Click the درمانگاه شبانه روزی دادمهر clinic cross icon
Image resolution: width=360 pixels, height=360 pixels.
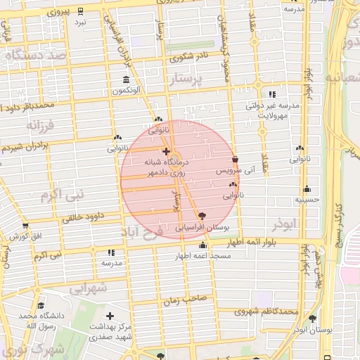[165, 151]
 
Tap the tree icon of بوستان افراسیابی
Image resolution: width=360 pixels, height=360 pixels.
[202, 215]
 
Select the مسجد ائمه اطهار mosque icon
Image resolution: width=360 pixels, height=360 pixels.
[203, 245]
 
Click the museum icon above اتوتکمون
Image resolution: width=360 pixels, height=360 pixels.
[126, 79]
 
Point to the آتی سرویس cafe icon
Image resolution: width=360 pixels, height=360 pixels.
[234, 159]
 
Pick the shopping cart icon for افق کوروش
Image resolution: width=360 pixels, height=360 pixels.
[26, 226]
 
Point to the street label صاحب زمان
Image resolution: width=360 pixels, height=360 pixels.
[186, 299]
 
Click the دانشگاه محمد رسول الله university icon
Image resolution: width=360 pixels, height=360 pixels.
[40, 306]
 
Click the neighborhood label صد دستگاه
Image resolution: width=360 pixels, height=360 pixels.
[39, 54]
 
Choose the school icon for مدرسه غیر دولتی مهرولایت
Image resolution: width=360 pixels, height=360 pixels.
[272, 94]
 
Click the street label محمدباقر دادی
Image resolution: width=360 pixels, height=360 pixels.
[28, 106]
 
